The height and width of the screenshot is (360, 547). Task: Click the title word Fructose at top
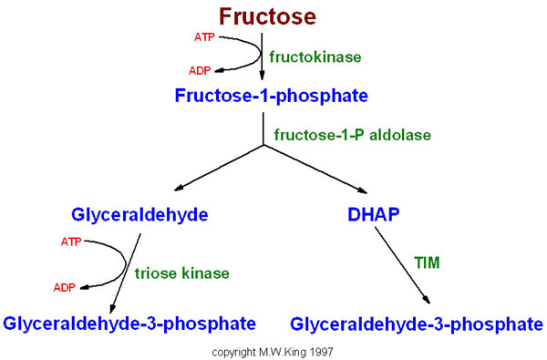267,16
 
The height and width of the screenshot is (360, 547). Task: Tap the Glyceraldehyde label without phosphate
139,215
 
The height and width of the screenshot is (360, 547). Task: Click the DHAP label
375,215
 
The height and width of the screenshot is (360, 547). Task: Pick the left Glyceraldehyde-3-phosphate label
129,323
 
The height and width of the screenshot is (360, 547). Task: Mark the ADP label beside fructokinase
201,70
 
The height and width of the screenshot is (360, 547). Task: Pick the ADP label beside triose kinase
65,287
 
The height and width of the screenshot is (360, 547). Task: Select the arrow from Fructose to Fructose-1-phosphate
263,55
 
